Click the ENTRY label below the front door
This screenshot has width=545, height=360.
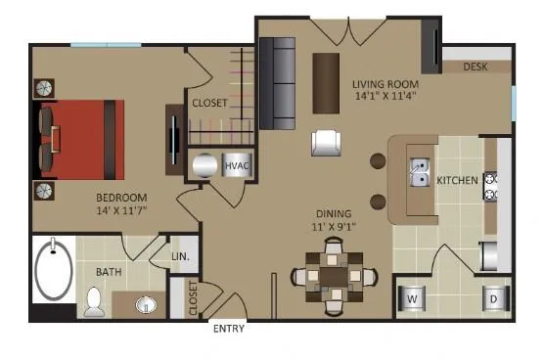[x=228, y=330]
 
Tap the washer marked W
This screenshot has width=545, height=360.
[x=412, y=297]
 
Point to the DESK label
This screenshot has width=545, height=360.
[x=475, y=67]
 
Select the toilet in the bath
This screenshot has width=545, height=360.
[x=94, y=303]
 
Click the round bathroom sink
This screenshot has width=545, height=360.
[x=147, y=305]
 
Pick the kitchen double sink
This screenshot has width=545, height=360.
[x=418, y=172]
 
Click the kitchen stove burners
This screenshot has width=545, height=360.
[x=491, y=187]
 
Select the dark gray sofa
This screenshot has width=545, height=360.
[x=277, y=84]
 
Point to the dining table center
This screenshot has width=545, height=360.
[x=334, y=275]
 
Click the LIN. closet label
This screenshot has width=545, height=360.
[x=181, y=256]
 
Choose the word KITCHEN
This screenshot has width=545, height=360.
[x=457, y=180]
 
